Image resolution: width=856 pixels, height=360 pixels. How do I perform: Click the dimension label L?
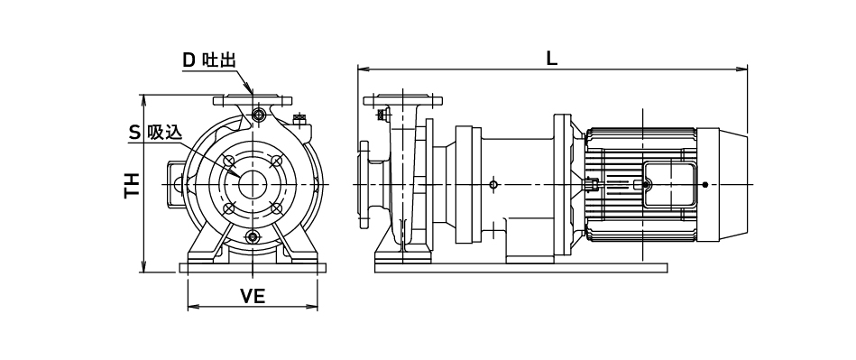click(552, 58)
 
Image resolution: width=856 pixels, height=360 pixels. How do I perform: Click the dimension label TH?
click(133, 186)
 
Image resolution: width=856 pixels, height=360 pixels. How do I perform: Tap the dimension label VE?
click(253, 296)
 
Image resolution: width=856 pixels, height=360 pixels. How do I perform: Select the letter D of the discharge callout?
click(189, 60)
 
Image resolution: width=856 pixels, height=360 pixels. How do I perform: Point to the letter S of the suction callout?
click(134, 132)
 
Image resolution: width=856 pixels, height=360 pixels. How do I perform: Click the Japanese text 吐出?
click(219, 60)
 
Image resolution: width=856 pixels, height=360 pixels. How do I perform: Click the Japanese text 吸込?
click(164, 132)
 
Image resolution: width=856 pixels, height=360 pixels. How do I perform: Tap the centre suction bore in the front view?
click(253, 185)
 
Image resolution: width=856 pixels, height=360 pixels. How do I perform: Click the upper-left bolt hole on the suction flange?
click(229, 162)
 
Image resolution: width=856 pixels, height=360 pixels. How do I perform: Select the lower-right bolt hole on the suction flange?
click(276, 208)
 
